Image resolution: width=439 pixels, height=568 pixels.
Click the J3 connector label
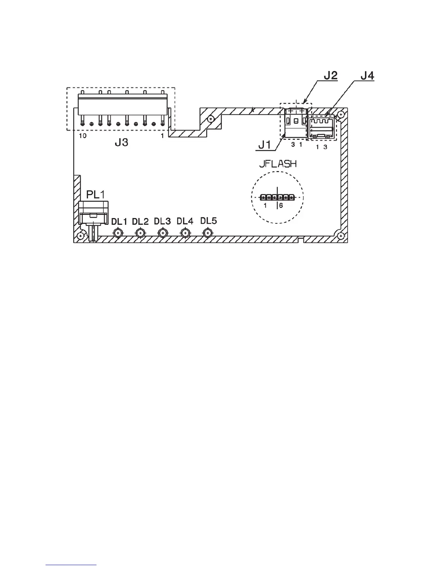pos(121,143)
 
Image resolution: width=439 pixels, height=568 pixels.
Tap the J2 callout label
pos(330,76)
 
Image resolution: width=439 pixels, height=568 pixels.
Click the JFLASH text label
pos(278,164)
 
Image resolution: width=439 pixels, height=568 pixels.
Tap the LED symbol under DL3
pos(162,233)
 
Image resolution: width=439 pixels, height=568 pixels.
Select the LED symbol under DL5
pos(207,233)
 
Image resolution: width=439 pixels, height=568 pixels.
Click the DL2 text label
pos(140,222)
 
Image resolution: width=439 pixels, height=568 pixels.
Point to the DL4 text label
pos(185,221)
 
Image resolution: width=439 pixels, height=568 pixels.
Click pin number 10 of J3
pos(82,136)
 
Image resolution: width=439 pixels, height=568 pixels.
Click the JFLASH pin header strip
pos(277,197)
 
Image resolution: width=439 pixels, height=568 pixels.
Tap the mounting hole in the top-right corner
pos(341,114)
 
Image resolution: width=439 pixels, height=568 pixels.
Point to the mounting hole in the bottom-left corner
pos(81,236)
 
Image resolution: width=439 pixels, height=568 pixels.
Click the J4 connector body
pos(322,128)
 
